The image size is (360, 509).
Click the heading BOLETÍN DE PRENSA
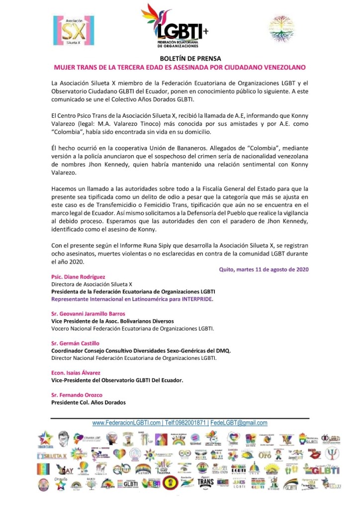pos(180,58)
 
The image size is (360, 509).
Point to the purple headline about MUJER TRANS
pos(180,67)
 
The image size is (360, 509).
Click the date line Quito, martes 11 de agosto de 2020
pos(264,269)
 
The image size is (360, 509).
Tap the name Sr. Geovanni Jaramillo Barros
pos(89,314)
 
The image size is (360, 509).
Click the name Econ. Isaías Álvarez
pos(76,373)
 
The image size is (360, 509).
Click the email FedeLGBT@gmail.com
pos(239,423)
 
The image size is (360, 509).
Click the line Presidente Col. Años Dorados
pos(89,402)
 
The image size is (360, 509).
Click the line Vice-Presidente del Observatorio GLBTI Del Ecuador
pos(117,380)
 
